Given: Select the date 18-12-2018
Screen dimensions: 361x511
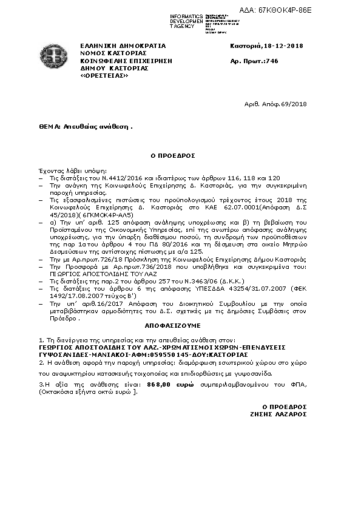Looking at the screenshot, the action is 283,46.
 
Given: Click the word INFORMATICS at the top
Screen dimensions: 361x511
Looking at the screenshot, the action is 187,15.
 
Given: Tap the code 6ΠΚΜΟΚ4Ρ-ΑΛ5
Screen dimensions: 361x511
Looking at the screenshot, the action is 119,215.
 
